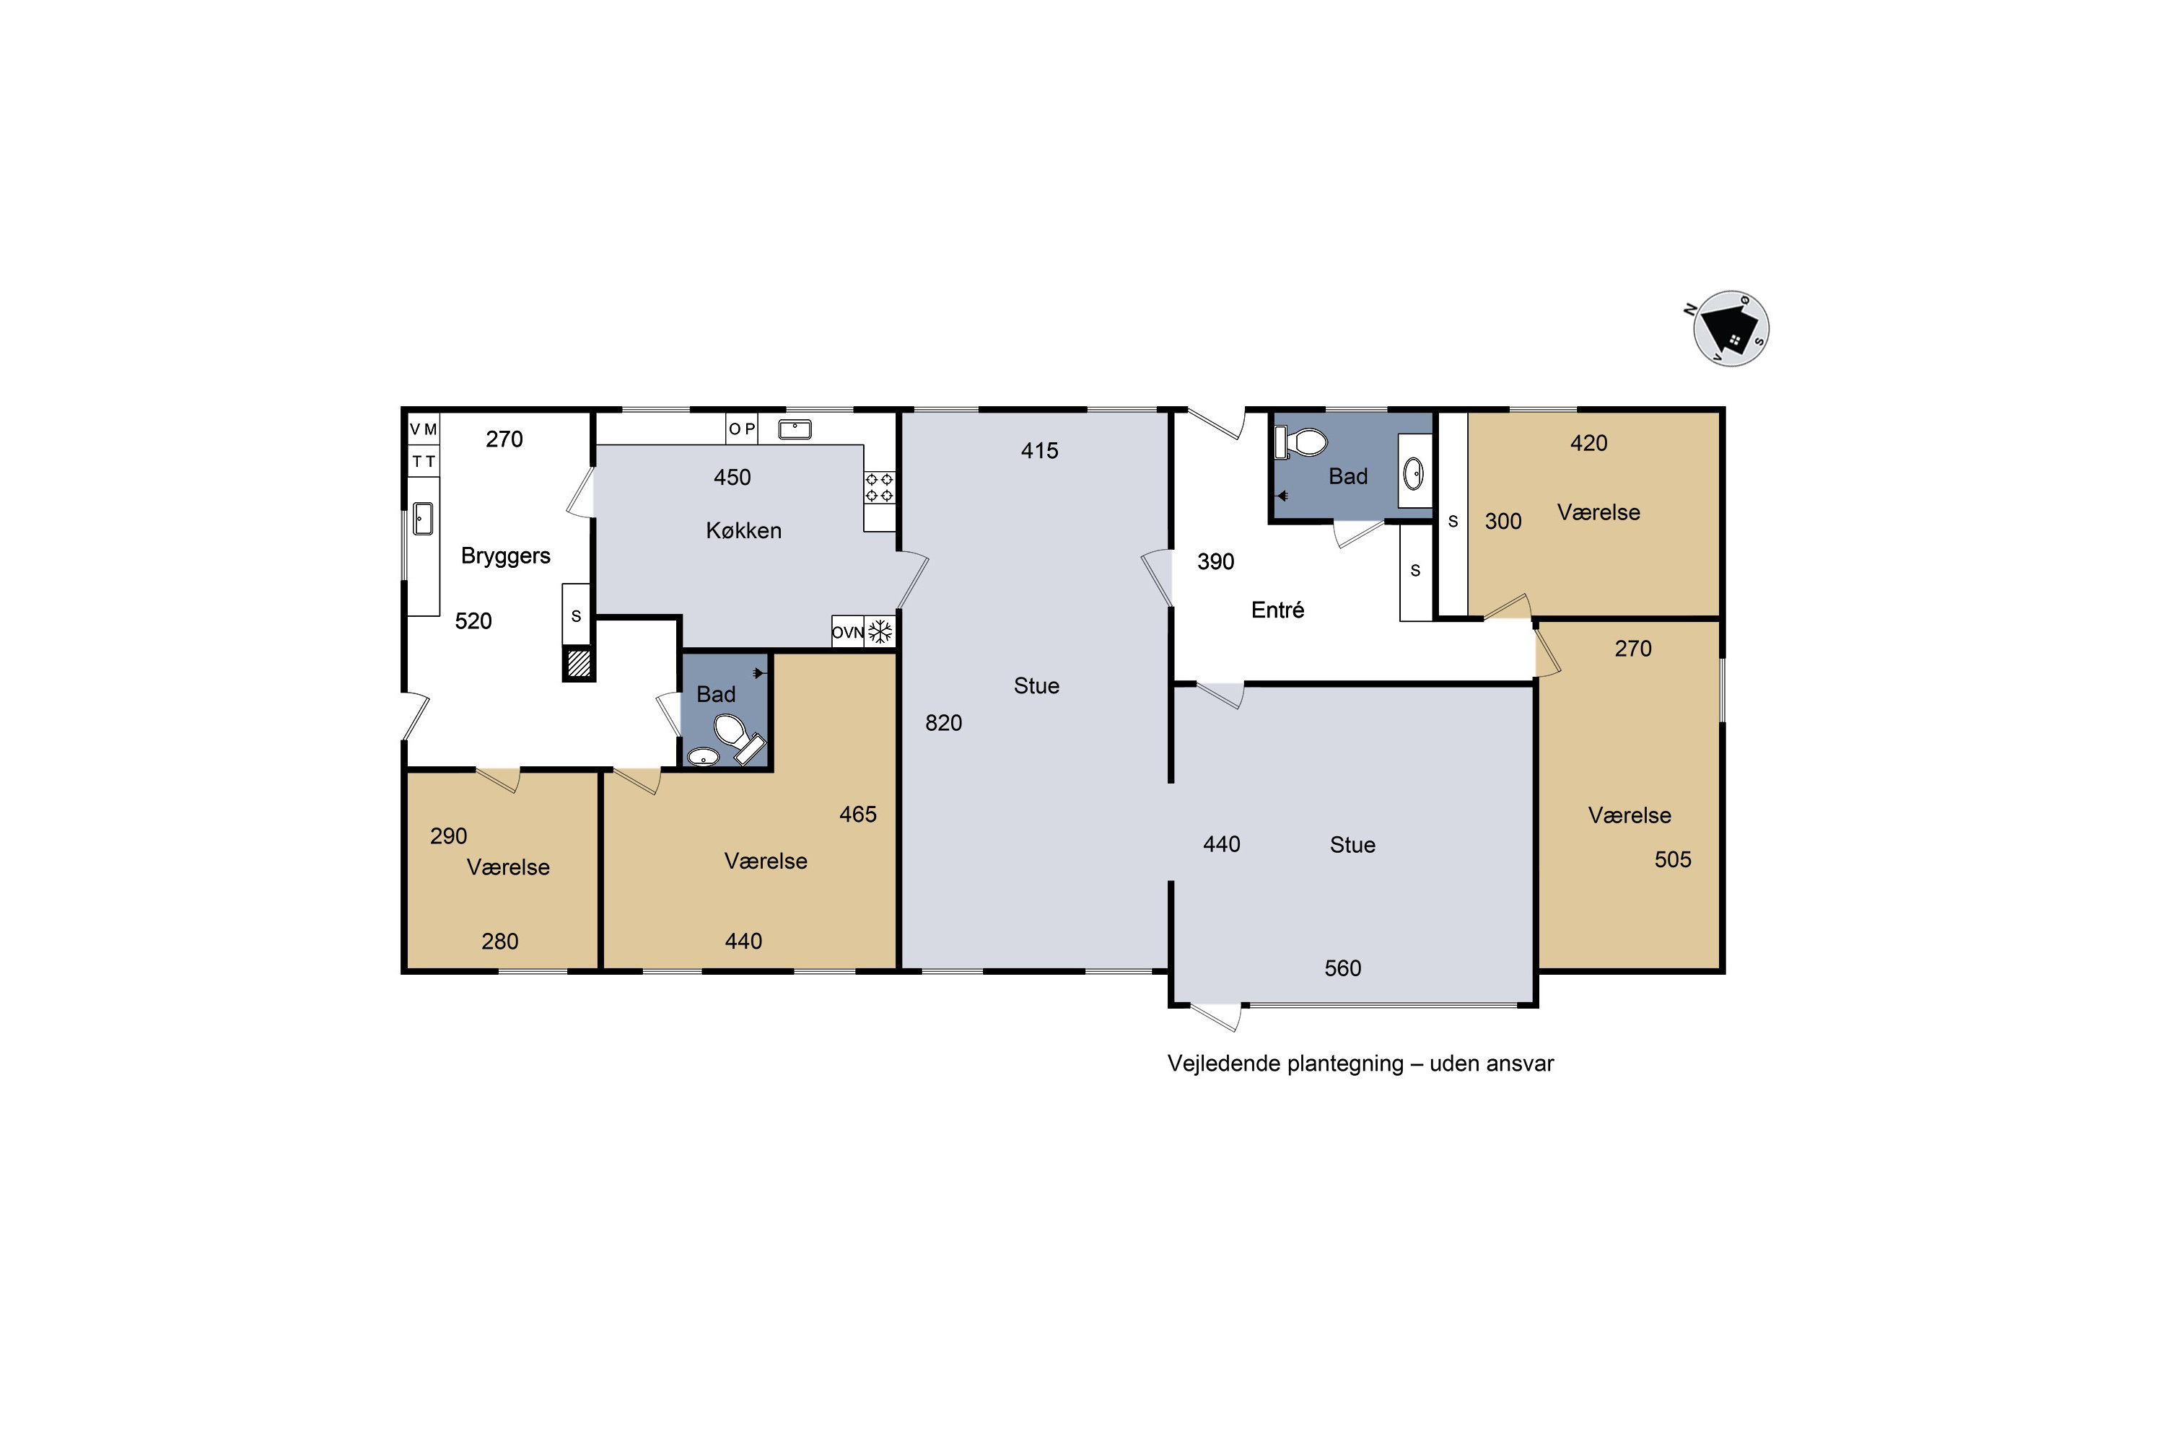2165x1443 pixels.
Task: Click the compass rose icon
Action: pos(1731,328)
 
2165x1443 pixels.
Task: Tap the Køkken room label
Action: pos(744,531)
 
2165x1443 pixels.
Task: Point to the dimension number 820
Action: pos(943,724)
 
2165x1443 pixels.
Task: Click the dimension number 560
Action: pos(1343,968)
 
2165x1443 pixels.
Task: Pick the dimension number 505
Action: pos(1673,859)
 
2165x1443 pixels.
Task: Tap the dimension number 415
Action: pos(1039,451)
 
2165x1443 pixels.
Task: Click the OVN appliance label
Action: pos(848,632)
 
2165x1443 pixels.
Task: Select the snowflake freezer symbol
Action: pos(881,631)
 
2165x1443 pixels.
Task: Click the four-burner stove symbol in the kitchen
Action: pos(879,488)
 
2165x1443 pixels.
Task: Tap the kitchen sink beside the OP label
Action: pos(795,429)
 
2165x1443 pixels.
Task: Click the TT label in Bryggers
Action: pos(424,461)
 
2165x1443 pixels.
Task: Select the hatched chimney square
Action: pos(579,664)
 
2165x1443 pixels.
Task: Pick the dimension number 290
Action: pos(448,836)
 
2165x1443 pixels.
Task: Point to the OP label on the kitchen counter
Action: pos(742,429)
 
